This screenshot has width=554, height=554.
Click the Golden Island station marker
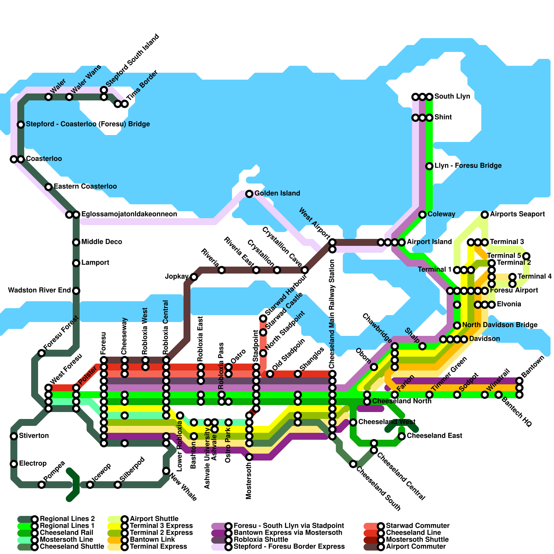[x=249, y=194]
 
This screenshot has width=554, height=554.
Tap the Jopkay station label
[x=177, y=277]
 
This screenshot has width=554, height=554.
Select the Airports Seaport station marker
[x=485, y=215]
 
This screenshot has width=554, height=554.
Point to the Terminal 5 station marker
[x=526, y=256]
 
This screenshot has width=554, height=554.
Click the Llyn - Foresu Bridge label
[x=468, y=166]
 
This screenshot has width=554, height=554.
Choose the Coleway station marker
[x=422, y=215]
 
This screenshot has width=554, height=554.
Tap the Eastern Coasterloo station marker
[x=48, y=187]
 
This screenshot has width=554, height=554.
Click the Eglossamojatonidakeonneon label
[x=129, y=214]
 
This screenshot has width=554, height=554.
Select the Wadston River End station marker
[x=76, y=291]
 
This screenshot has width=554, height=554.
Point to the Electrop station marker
[x=14, y=464]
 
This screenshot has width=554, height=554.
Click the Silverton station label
[x=34, y=436]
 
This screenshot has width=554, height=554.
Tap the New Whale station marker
[x=166, y=471]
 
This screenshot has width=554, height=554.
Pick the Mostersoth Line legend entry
[x=66, y=540]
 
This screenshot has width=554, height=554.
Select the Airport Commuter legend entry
[x=415, y=547]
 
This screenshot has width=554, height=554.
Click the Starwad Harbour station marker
[x=263, y=319]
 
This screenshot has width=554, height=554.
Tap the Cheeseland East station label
[x=434, y=436]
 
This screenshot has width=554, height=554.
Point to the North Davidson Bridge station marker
[x=457, y=325]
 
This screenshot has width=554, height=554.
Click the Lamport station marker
[x=76, y=263]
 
